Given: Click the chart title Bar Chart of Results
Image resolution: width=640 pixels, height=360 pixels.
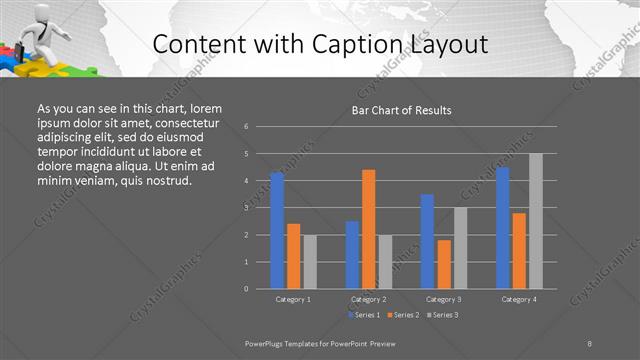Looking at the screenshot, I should [x=401, y=110].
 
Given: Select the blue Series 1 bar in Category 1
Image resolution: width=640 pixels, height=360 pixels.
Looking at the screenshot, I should [x=277, y=231].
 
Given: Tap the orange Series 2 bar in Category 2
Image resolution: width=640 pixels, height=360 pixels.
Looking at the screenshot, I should [x=368, y=229].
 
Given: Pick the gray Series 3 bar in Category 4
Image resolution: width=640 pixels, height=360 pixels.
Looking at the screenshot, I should [x=536, y=221].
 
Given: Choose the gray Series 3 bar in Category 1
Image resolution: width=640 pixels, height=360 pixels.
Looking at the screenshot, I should [x=310, y=262].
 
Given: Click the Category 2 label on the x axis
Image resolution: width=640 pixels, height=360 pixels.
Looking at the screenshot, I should [x=368, y=299].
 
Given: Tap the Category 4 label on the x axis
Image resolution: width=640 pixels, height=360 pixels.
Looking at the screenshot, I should [x=519, y=299].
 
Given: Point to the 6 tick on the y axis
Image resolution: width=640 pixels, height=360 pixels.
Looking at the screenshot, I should [x=246, y=127].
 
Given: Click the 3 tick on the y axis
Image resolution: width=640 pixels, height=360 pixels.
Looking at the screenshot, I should [x=246, y=208].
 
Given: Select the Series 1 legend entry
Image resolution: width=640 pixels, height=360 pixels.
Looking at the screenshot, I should [x=363, y=315].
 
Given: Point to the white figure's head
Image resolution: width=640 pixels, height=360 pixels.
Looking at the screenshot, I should [x=36, y=10].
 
